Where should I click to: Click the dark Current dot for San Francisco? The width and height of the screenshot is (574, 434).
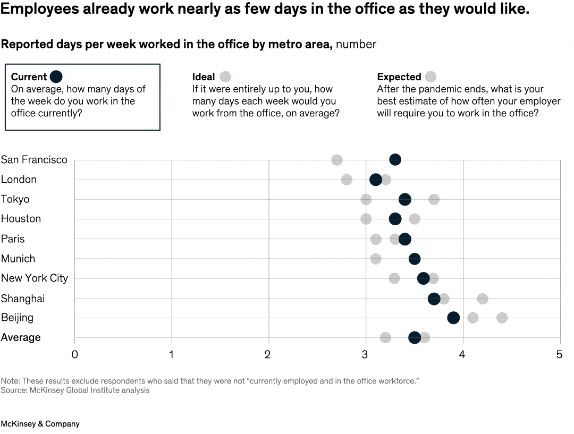point(395,160)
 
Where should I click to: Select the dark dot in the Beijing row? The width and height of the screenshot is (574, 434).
point(453,318)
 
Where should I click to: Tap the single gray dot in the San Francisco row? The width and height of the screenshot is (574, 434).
point(337,160)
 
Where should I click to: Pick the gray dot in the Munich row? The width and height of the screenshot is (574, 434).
point(376,259)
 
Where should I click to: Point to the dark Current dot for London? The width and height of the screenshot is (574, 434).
point(376,180)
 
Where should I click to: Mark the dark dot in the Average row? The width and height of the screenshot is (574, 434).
point(415,337)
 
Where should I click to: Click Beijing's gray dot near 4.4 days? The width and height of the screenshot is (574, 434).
point(502,318)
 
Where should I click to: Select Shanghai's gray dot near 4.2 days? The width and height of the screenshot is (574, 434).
point(483,299)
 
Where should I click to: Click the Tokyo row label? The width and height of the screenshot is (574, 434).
point(15,199)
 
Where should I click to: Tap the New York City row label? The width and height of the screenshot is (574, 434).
point(35,278)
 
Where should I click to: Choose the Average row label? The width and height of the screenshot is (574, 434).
point(21,337)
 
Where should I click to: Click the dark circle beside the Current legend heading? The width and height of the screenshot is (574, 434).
point(56,76)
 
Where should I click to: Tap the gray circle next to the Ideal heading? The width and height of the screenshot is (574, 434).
point(225,76)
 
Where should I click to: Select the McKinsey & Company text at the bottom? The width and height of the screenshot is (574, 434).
point(40,424)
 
